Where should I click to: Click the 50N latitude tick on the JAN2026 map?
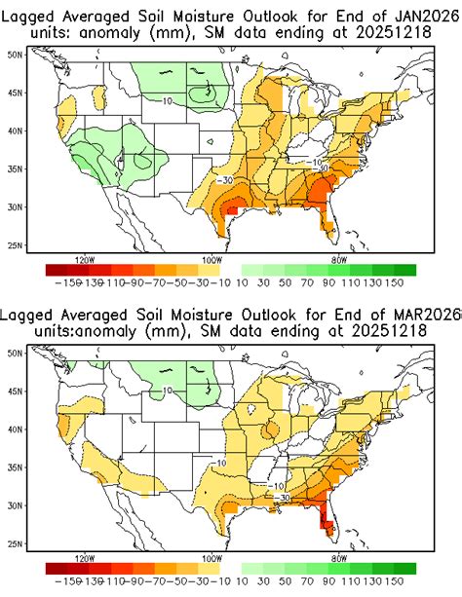(15, 55)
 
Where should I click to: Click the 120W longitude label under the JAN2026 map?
(85, 260)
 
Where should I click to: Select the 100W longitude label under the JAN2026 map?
(210, 260)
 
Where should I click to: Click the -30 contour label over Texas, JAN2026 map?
(225, 180)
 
